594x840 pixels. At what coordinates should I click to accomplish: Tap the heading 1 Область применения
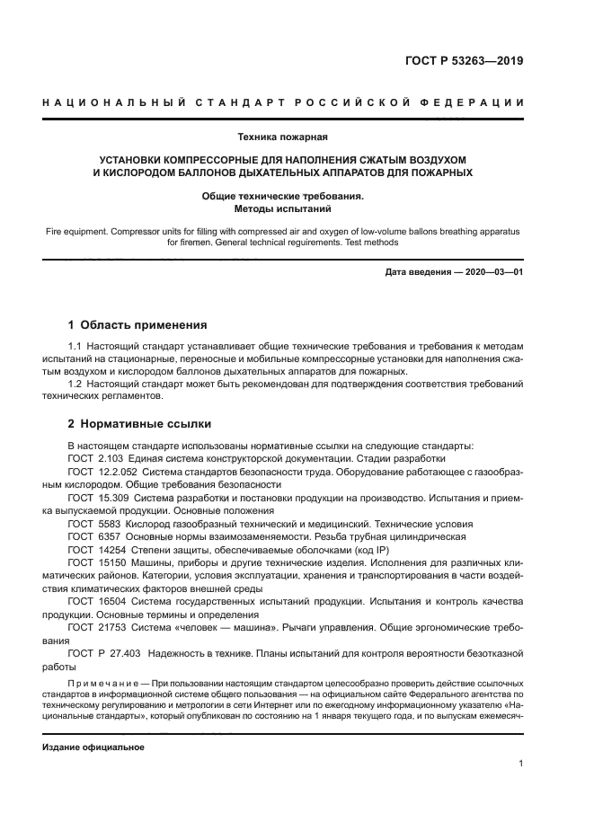[137, 325]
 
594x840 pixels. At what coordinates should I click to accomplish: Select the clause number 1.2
[75, 384]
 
